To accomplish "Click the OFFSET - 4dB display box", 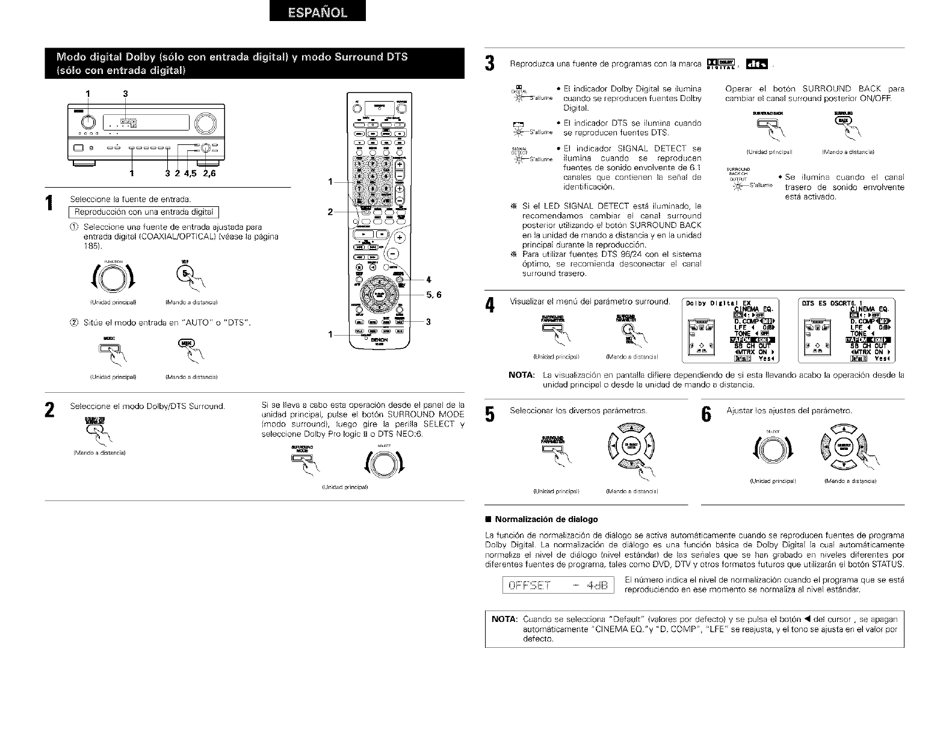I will click(557, 585).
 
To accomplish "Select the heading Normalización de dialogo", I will click(546, 519).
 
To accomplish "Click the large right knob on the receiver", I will click(205, 123).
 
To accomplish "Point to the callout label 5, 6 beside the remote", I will click(433, 295).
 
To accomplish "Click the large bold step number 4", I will click(490, 306).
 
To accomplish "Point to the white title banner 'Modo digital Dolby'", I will click(232, 63).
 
